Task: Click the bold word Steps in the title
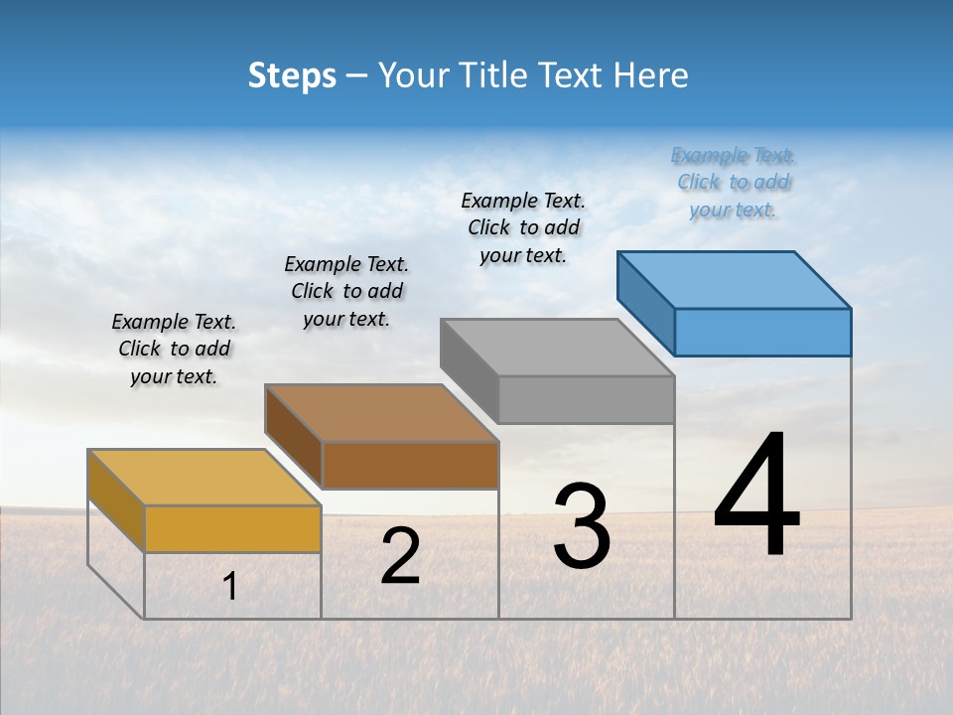click(x=292, y=75)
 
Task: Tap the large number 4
click(x=756, y=497)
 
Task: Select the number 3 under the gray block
click(x=582, y=526)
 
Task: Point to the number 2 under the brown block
click(x=401, y=556)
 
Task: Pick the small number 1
click(x=230, y=587)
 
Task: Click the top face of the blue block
click(x=735, y=279)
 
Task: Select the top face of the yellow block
click(x=204, y=478)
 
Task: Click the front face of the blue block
click(x=762, y=332)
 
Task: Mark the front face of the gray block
click(x=586, y=400)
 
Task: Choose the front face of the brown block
click(x=410, y=466)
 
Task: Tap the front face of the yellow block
click(x=233, y=528)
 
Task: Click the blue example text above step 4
click(x=734, y=183)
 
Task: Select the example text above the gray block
click(x=523, y=227)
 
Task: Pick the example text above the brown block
click(x=346, y=291)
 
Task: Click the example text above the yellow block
click(x=174, y=349)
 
